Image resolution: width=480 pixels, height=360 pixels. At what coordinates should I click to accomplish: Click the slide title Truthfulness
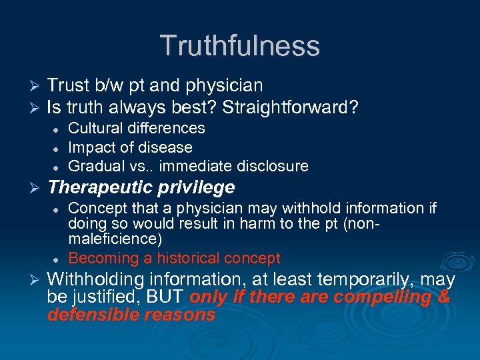[240, 46]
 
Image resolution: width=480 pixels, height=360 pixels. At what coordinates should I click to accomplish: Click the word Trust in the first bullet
[69, 85]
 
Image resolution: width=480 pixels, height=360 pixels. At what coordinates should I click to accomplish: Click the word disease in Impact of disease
[167, 147]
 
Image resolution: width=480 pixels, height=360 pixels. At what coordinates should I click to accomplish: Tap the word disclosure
[274, 166]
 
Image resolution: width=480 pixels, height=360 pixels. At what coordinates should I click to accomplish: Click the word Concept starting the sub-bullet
[95, 209]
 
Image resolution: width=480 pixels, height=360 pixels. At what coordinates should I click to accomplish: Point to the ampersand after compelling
[443, 297]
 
